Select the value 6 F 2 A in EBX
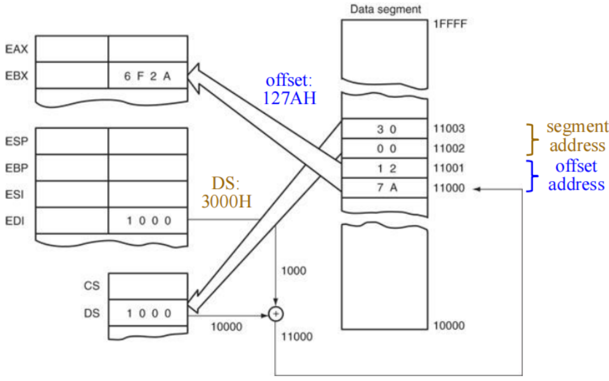[x=147, y=76]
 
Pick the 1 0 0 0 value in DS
[x=147, y=313]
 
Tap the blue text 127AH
[x=289, y=99]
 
